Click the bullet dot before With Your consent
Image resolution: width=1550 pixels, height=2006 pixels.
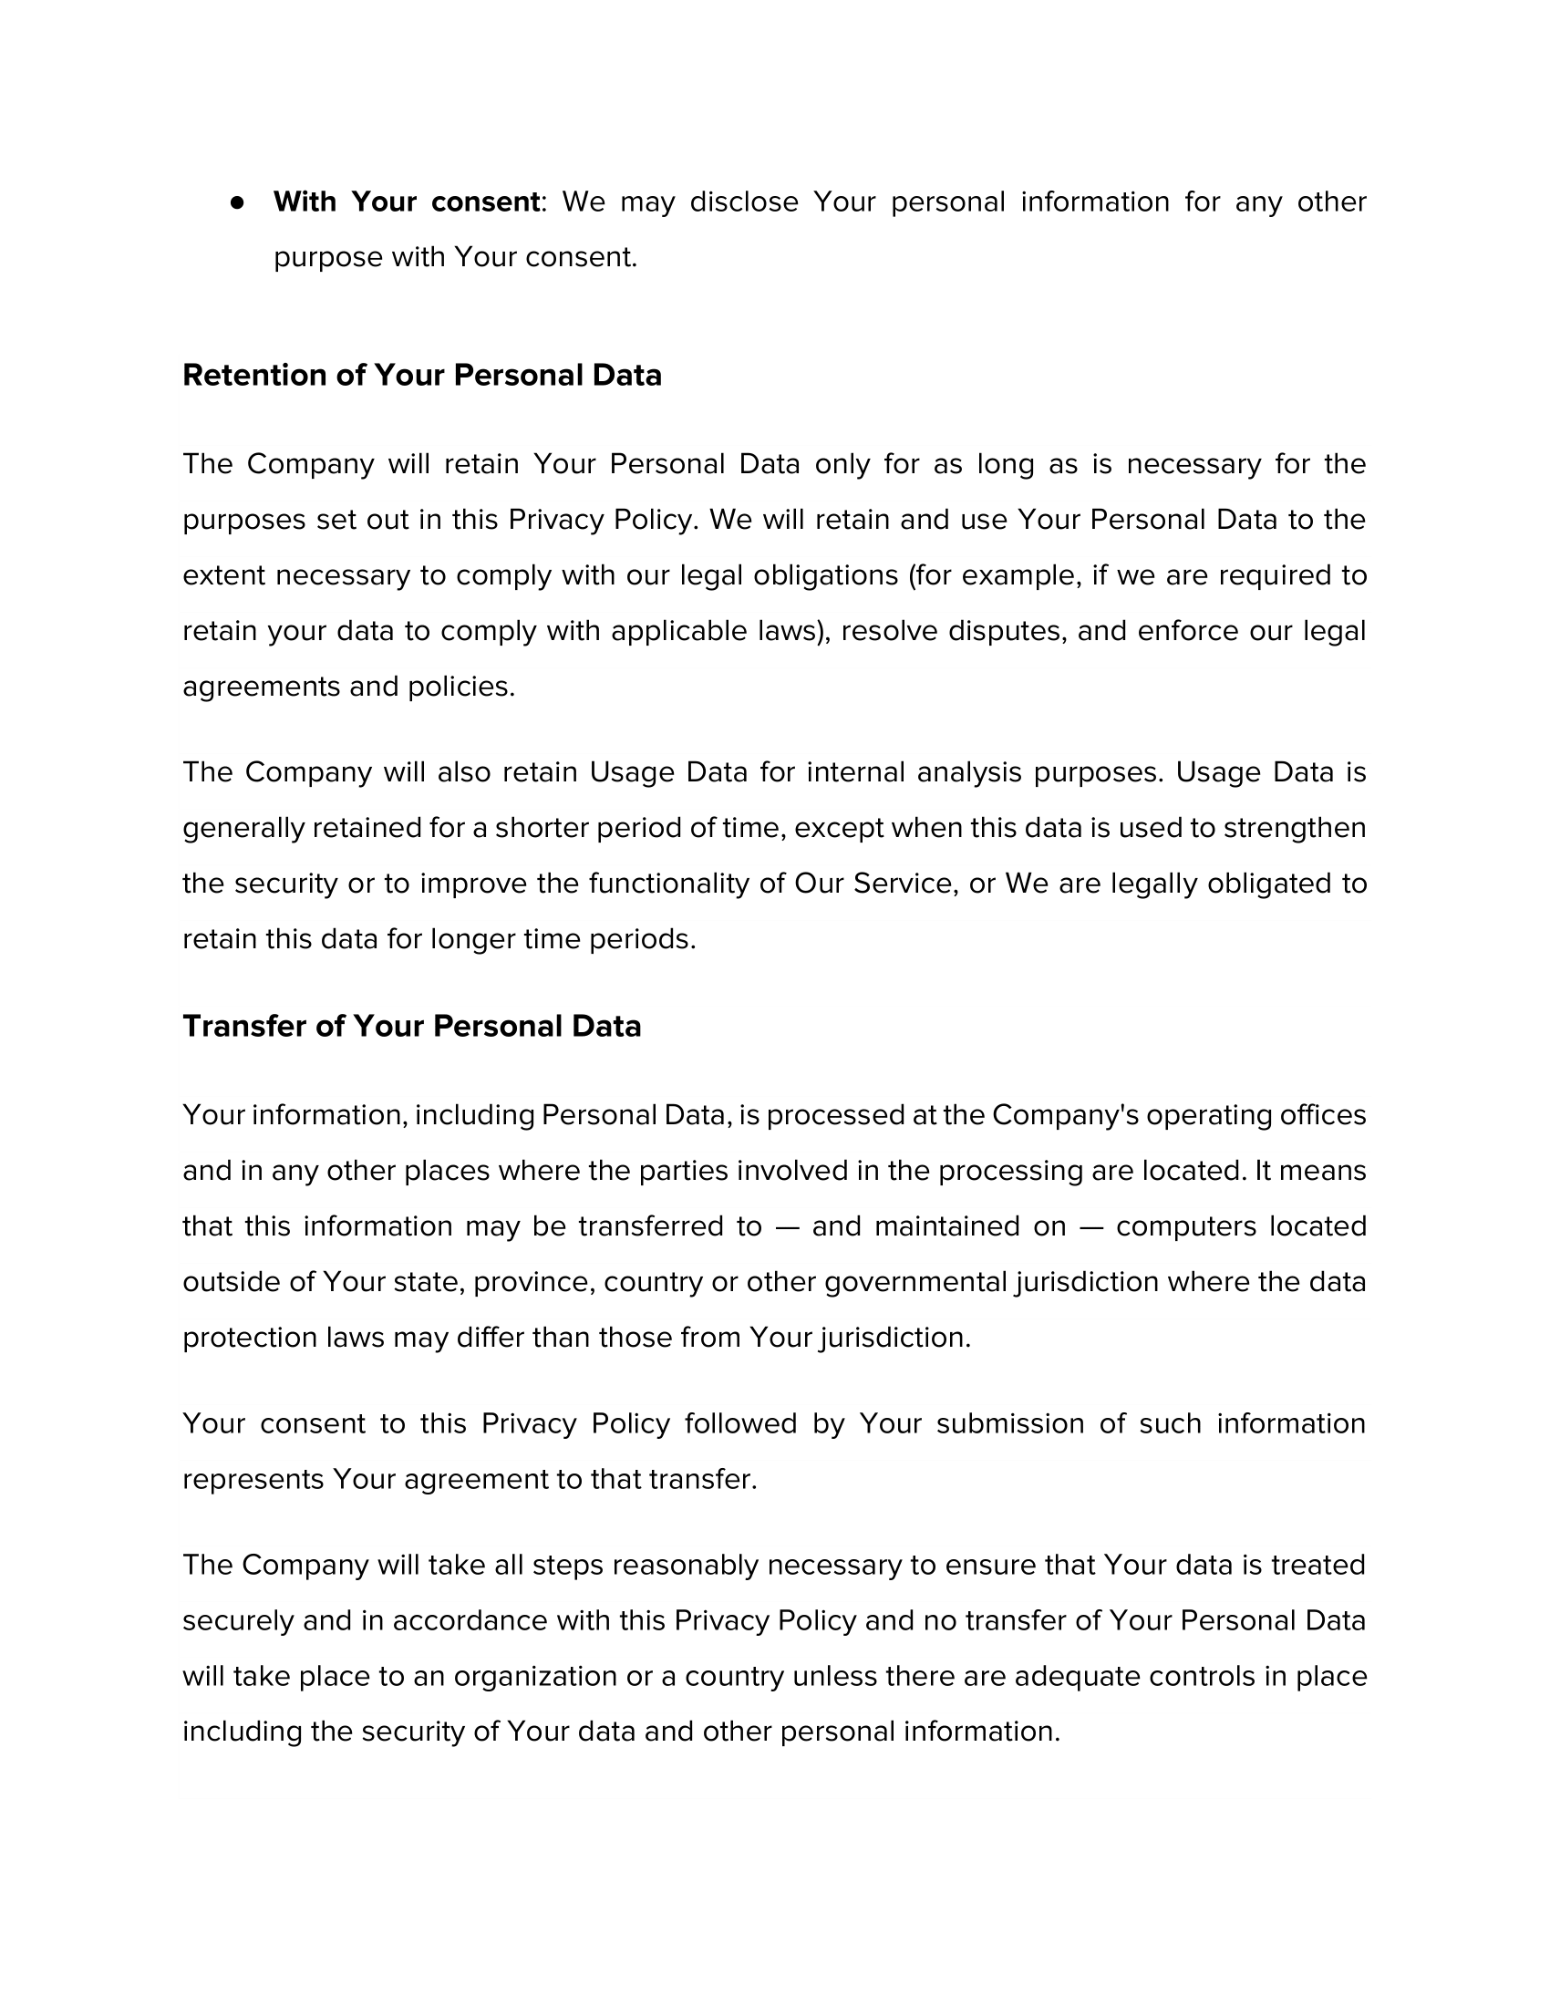coord(237,202)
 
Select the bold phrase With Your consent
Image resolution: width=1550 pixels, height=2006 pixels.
coord(406,202)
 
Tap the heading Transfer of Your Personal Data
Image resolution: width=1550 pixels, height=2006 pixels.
coord(411,1026)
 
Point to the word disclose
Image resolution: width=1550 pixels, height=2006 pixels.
coord(744,202)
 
